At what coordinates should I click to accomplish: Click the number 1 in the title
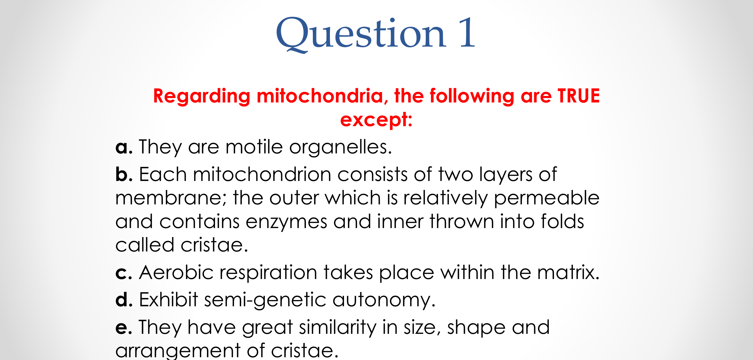click(x=467, y=33)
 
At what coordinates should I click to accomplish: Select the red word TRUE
click(x=579, y=96)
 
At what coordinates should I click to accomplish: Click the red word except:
click(x=376, y=120)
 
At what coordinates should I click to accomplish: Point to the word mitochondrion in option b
click(x=262, y=174)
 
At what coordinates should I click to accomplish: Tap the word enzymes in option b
click(x=286, y=222)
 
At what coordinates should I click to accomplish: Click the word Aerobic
click(x=176, y=272)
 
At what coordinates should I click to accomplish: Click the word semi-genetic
click(x=265, y=301)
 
